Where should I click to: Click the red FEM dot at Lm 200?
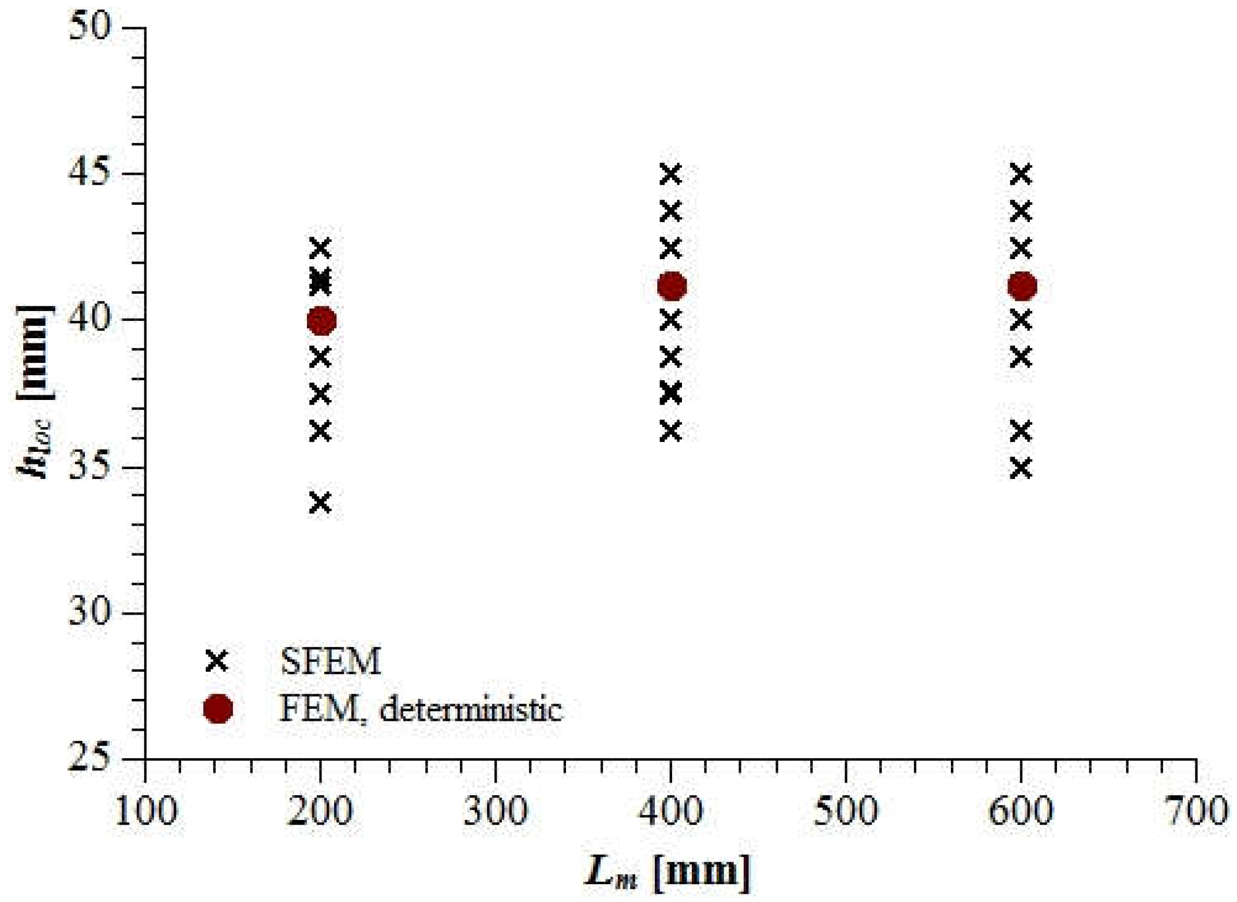tap(321, 320)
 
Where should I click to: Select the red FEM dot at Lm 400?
tap(672, 286)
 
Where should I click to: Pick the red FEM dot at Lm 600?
tap(1022, 286)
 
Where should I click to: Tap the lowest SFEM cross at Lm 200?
tap(320, 503)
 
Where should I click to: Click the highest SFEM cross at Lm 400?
tap(670, 174)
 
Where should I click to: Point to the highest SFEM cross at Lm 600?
tap(1021, 174)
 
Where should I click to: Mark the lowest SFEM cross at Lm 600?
tap(1021, 468)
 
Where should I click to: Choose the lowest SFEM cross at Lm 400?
tap(670, 431)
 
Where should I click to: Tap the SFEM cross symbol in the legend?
tap(217, 661)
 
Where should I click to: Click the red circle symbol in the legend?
tap(218, 709)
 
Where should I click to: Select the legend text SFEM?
tap(331, 661)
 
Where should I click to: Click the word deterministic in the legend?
tap(470, 709)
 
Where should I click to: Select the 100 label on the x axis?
tap(145, 811)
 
